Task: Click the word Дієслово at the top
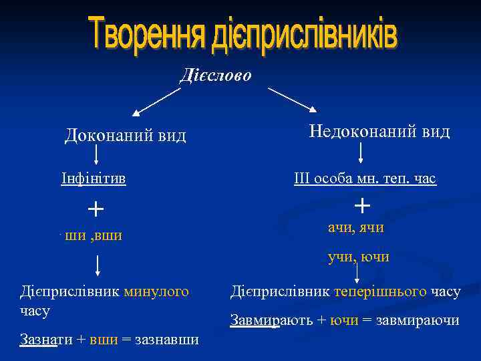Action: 216,75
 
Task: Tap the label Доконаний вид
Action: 126,136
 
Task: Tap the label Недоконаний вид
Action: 379,131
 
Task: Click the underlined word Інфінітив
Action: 94,179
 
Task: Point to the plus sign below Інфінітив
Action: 96,209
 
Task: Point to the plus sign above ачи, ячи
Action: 362,203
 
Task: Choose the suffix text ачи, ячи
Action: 355,227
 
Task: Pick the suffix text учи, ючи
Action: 358,257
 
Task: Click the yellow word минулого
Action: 156,291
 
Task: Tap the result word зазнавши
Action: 167,340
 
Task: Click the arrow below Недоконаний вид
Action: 361,153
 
